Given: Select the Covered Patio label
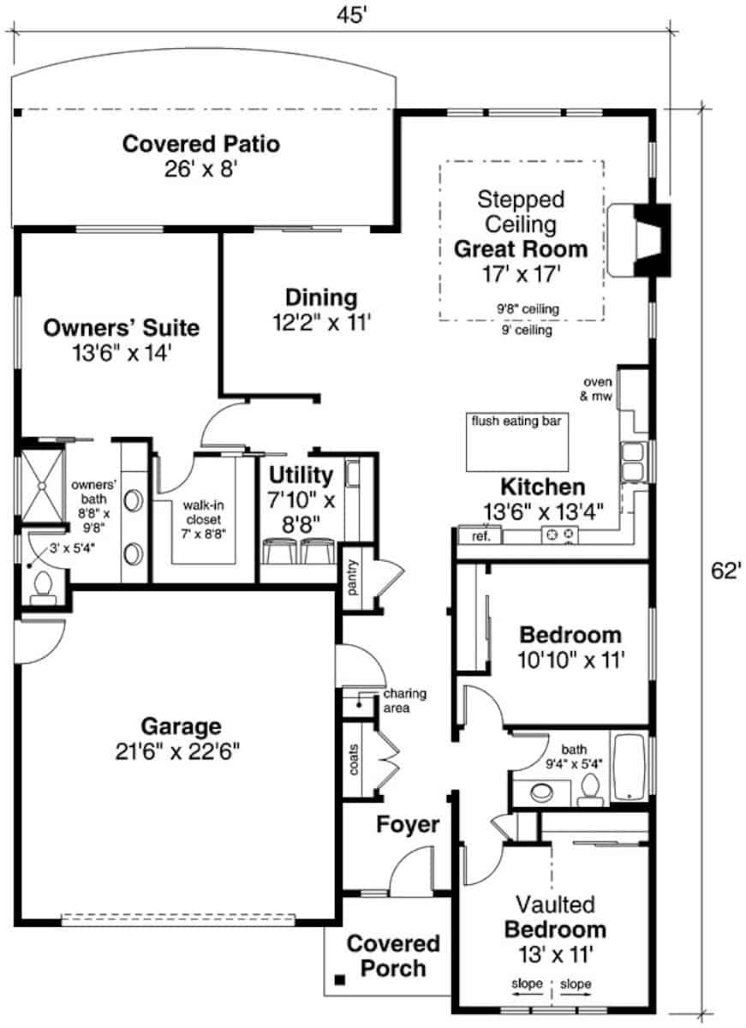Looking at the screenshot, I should [200, 143].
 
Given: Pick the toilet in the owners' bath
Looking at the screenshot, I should [42, 588].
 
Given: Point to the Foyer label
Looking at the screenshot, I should [408, 825].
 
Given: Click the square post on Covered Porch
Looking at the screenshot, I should [340, 979].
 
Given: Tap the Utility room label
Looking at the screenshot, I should [301, 475].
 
